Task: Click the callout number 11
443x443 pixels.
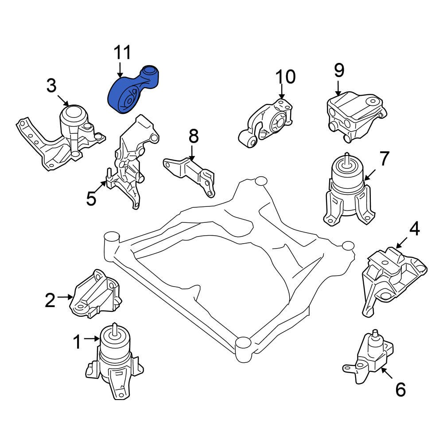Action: tap(123, 53)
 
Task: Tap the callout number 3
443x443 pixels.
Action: tap(52, 85)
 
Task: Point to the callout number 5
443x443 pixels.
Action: tap(91, 199)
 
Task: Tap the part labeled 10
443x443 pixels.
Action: tap(268, 122)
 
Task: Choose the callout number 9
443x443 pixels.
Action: tap(339, 70)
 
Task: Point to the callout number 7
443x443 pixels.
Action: tap(383, 158)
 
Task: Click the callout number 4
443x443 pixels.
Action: tap(414, 229)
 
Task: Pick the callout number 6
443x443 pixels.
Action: tap(400, 389)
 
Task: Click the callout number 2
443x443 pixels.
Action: tap(50, 300)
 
